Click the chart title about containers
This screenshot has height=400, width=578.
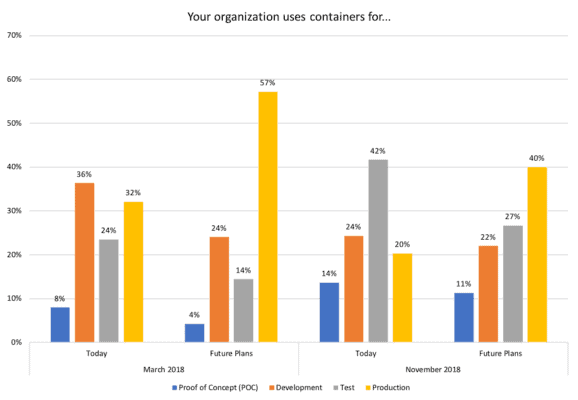(289, 17)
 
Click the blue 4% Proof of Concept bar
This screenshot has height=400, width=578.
(194, 332)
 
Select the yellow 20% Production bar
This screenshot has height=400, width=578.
(402, 297)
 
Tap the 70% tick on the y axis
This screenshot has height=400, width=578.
(14, 35)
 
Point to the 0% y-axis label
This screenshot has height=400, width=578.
(16, 342)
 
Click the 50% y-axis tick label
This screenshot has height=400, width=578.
(14, 123)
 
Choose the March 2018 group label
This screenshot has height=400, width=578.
(163, 370)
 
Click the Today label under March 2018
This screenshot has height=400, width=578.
(96, 353)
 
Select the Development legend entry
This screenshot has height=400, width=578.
(296, 387)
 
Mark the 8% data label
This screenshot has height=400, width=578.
(59, 297)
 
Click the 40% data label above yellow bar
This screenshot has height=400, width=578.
(537, 157)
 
